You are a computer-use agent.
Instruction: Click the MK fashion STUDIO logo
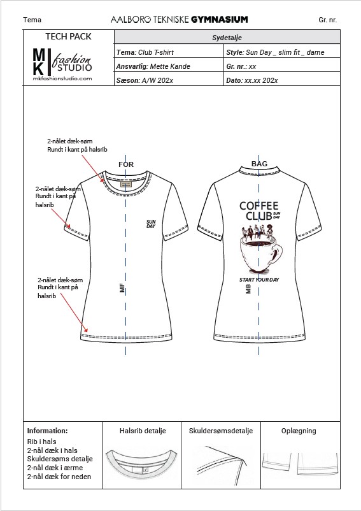tap(62, 64)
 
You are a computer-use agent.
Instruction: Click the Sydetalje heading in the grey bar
tap(227, 38)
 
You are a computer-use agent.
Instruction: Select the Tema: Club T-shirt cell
tap(169, 52)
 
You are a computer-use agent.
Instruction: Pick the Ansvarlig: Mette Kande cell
tap(169, 66)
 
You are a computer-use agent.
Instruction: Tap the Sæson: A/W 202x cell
tap(169, 80)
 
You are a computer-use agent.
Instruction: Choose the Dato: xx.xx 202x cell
tap(282, 80)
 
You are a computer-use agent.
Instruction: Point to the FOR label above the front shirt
tap(126, 164)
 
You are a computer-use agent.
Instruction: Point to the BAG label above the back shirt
tap(259, 164)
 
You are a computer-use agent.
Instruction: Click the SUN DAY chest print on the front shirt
tap(151, 224)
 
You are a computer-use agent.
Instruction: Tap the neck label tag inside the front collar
tap(126, 184)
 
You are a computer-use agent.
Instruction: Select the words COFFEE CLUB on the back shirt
tap(259, 211)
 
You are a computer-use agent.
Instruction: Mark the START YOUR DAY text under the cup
tap(259, 280)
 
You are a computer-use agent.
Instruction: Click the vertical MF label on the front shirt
tap(122, 288)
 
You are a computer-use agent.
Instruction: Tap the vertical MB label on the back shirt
tap(248, 289)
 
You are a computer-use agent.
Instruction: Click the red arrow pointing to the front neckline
tap(93, 168)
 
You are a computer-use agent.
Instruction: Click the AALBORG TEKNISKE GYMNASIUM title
tap(179, 20)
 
